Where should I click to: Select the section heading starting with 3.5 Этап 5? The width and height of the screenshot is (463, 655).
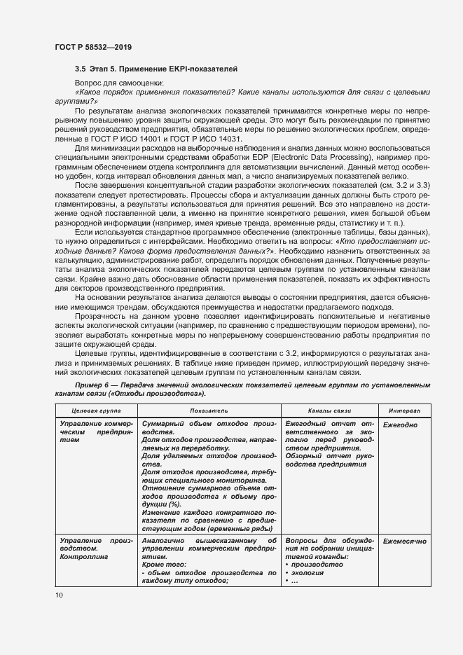156,69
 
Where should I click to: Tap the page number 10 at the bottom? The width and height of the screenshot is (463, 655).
59,595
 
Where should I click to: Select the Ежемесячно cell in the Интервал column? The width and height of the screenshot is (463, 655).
404,542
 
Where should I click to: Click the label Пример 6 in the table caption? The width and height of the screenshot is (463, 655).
94,385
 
